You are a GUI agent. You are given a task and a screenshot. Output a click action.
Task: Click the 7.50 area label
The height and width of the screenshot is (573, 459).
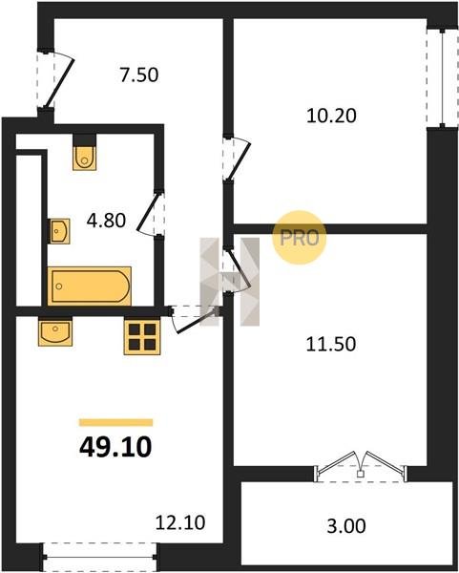click(x=139, y=74)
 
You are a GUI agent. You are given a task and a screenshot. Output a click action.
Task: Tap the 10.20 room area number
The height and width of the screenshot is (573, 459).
click(x=331, y=116)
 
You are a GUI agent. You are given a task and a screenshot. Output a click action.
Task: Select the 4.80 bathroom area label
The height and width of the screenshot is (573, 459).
click(x=106, y=221)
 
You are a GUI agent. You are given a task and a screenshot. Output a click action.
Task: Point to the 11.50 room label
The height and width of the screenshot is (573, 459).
click(x=330, y=344)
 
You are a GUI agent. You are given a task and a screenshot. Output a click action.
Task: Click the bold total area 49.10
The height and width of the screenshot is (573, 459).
click(x=115, y=447)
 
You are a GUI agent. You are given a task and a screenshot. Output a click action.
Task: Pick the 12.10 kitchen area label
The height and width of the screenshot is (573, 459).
click(x=180, y=522)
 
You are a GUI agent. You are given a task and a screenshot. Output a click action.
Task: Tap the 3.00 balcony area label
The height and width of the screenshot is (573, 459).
click(x=345, y=526)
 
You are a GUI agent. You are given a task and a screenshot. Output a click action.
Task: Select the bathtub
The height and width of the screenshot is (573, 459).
click(x=90, y=286)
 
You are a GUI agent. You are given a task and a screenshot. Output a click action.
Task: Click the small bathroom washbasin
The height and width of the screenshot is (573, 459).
click(x=59, y=231)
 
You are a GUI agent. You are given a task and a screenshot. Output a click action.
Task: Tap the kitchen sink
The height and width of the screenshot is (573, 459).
click(x=55, y=331)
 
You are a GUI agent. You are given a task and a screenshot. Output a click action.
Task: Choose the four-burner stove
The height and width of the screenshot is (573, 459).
click(x=142, y=336)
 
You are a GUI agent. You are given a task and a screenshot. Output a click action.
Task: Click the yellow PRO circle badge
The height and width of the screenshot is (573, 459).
click(x=299, y=238)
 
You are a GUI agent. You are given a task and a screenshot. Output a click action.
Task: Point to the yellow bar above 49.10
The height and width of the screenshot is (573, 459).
click(x=115, y=422)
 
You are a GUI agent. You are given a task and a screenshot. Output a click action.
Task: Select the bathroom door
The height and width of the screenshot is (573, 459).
click(x=151, y=213)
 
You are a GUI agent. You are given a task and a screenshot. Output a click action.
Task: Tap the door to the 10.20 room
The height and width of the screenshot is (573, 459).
click(x=238, y=159)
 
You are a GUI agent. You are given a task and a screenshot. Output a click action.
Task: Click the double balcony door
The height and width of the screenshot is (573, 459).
click(x=361, y=467)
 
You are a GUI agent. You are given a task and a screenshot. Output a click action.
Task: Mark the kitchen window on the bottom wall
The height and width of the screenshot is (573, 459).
click(x=100, y=558)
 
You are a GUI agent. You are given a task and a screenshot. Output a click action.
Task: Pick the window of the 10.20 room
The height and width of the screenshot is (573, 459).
click(x=442, y=78)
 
